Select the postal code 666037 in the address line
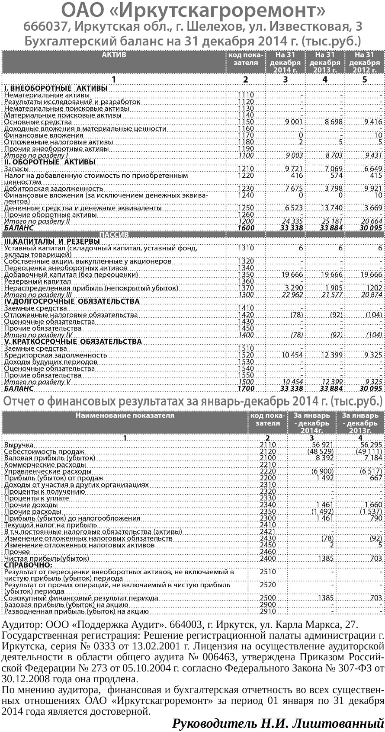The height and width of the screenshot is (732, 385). click(x=46, y=27)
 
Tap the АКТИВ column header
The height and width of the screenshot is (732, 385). click(x=114, y=55)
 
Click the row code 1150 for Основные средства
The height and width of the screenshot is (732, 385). click(x=246, y=122)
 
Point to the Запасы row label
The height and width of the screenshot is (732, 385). click(x=16, y=169)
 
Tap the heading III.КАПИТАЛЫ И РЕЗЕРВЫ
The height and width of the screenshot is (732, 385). click(x=52, y=241)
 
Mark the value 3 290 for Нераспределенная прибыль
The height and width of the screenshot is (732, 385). click(x=294, y=288)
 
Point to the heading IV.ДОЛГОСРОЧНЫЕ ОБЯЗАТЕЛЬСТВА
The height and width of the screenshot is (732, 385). click(x=72, y=301)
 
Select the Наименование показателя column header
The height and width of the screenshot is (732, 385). click(x=125, y=416)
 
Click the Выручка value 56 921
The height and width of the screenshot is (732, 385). click(x=321, y=445)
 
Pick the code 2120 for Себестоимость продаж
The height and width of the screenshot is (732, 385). click(x=268, y=451)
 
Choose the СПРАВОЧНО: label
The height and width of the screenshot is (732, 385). click(x=28, y=565)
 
